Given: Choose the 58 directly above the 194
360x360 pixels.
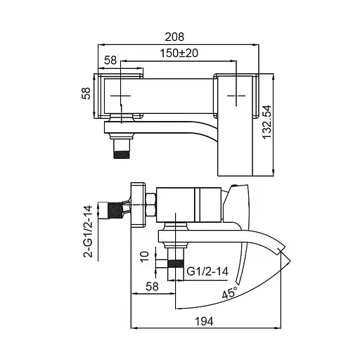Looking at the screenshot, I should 150,286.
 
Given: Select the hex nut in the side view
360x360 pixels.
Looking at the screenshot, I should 150,209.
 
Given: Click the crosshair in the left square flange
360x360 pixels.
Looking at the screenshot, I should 122,94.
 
